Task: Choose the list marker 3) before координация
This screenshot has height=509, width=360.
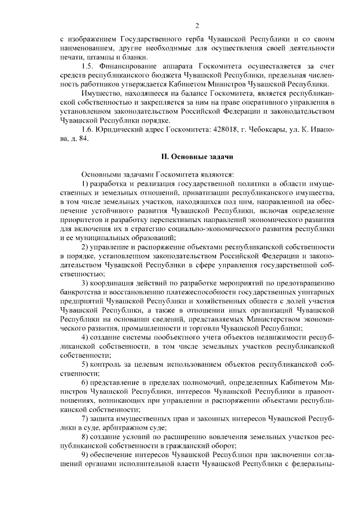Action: point(85,282)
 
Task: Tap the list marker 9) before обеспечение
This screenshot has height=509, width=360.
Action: point(85,456)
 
